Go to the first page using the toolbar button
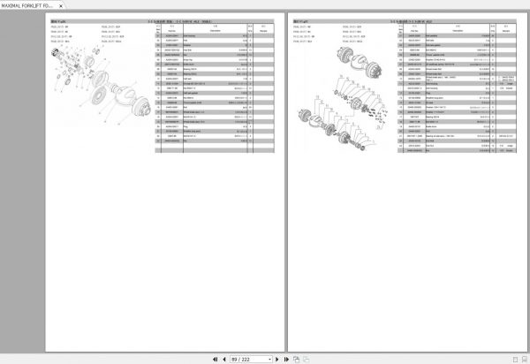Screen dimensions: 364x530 pyautogui.click(x=216, y=360)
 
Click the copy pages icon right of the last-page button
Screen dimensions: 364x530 pyautogui.click(x=296, y=360)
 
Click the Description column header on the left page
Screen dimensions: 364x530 pyautogui.click(x=215, y=28)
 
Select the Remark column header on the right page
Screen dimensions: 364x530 pyautogui.click(x=510, y=28)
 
